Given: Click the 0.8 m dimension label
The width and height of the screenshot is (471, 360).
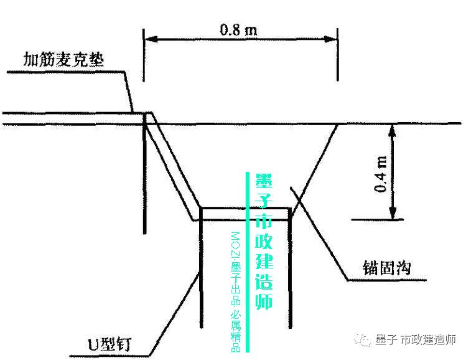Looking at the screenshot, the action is [x=240, y=29].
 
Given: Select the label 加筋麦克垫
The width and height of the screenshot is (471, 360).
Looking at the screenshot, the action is [x=63, y=60].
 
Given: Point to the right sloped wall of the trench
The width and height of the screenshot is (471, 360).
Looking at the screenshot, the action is [x=314, y=166].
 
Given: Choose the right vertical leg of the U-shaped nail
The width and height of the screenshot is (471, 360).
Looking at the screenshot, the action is [x=291, y=268].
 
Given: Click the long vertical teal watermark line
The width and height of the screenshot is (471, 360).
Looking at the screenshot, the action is [x=248, y=262].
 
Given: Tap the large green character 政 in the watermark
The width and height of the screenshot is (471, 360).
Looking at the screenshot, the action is [x=264, y=243].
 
